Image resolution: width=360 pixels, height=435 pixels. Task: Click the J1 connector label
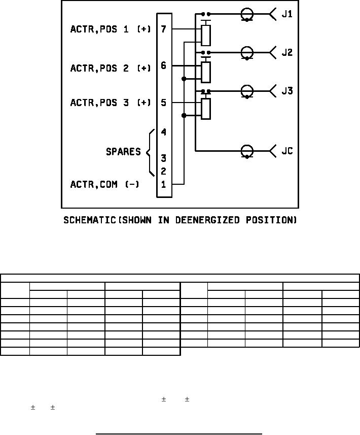click(x=287, y=14)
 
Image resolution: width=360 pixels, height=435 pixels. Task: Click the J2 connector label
click(x=287, y=52)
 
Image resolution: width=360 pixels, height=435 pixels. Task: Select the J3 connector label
click(x=287, y=91)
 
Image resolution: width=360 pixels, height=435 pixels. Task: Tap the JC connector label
click(x=287, y=151)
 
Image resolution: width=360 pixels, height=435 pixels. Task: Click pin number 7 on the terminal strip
click(x=164, y=29)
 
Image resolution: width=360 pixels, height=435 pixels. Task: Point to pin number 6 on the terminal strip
click(x=164, y=65)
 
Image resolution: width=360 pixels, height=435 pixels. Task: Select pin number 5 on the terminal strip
click(x=164, y=103)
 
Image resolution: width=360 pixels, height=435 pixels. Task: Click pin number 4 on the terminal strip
click(x=164, y=132)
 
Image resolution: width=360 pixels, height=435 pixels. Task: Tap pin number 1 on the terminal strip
click(x=164, y=184)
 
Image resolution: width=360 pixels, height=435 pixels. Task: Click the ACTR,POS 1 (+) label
click(x=111, y=29)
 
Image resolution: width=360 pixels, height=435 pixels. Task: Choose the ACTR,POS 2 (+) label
click(x=111, y=69)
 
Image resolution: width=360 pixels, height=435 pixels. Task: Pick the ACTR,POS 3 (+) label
click(x=111, y=103)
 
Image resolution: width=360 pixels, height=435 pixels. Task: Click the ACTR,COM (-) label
click(x=104, y=185)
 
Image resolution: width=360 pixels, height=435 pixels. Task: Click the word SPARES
click(x=123, y=152)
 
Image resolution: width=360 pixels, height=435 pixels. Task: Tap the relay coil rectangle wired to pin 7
click(x=205, y=35)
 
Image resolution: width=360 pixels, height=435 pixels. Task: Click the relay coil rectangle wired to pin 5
click(x=205, y=109)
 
